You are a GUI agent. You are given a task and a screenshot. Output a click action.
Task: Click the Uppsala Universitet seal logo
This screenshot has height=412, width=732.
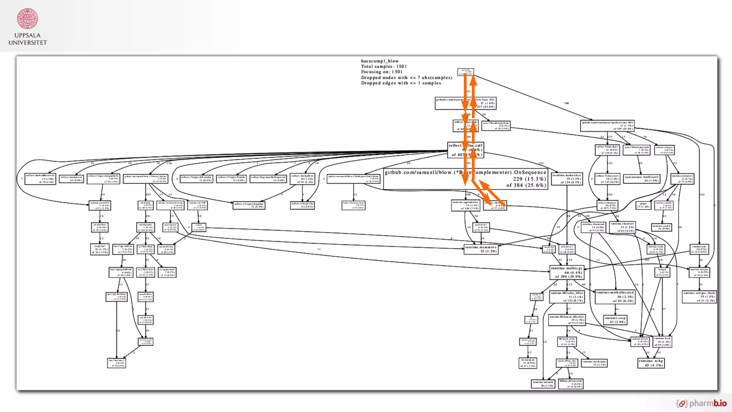[x=28, y=19]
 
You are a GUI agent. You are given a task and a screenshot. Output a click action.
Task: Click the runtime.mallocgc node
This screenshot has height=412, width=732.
[x=567, y=272]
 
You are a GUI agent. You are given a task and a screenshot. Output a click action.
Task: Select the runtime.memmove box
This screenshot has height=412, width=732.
[x=481, y=249]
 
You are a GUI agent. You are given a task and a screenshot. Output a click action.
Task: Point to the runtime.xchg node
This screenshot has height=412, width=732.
[x=651, y=363]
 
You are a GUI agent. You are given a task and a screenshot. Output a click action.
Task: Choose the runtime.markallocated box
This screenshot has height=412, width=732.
[x=615, y=296]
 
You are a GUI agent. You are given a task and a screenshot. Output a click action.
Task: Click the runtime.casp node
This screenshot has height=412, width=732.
[x=615, y=320]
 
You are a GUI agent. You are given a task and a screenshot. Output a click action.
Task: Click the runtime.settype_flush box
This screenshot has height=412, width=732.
[x=699, y=296]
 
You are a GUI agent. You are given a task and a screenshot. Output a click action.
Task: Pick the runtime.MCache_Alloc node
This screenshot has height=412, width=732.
[x=567, y=296]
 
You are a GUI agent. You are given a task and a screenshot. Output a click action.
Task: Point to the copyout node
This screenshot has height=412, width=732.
[x=100, y=249]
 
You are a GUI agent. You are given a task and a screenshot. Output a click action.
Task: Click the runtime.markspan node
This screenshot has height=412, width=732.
[x=594, y=363]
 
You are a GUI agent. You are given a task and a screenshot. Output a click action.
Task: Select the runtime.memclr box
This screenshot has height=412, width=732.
[x=543, y=384]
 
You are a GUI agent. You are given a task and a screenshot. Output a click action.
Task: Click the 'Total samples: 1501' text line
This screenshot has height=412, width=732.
[x=384, y=67]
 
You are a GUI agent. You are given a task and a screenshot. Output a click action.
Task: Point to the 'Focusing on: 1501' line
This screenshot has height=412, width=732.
[x=381, y=72]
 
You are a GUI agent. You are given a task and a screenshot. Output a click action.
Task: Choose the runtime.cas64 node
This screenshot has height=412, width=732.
[x=662, y=227]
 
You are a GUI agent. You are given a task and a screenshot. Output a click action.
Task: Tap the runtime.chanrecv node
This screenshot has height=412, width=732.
[x=622, y=227]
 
